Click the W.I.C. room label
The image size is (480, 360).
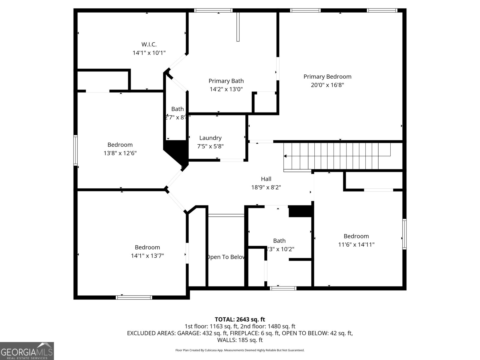[x=149, y=44]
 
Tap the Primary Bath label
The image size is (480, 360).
[x=226, y=81]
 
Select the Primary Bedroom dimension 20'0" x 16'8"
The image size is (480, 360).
[x=327, y=85]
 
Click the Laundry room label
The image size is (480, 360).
[x=210, y=138]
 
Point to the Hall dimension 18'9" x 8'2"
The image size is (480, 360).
[x=266, y=187]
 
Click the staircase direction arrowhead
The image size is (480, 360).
[x=285, y=156]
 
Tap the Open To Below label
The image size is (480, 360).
[x=226, y=257]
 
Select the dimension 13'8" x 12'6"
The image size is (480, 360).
[x=120, y=153]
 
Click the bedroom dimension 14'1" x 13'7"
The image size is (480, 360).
[x=147, y=256]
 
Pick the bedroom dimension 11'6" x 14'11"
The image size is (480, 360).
[x=356, y=244]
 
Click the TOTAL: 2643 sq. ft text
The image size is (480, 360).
[x=240, y=319]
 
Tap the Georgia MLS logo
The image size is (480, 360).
[x=27, y=351]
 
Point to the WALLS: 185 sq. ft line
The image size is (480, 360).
[x=240, y=340]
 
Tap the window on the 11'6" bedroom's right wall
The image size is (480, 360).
[x=404, y=234]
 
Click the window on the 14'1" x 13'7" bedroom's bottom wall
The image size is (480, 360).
[x=134, y=297]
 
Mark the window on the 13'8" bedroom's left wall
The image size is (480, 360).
[x=76, y=150]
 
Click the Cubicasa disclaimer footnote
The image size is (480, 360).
[x=240, y=350]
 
